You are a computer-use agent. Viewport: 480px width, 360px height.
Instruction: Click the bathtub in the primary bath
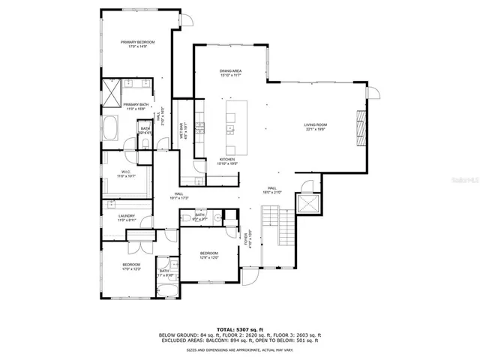(109, 130)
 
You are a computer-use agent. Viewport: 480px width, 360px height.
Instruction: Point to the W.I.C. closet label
(126, 173)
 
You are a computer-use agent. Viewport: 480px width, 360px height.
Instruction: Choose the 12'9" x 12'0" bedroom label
(208, 256)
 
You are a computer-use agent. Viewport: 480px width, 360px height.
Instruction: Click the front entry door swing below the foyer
(248, 277)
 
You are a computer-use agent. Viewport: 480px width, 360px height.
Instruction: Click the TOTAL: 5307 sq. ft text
(239, 328)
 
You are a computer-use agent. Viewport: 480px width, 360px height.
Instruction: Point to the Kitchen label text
(227, 160)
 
